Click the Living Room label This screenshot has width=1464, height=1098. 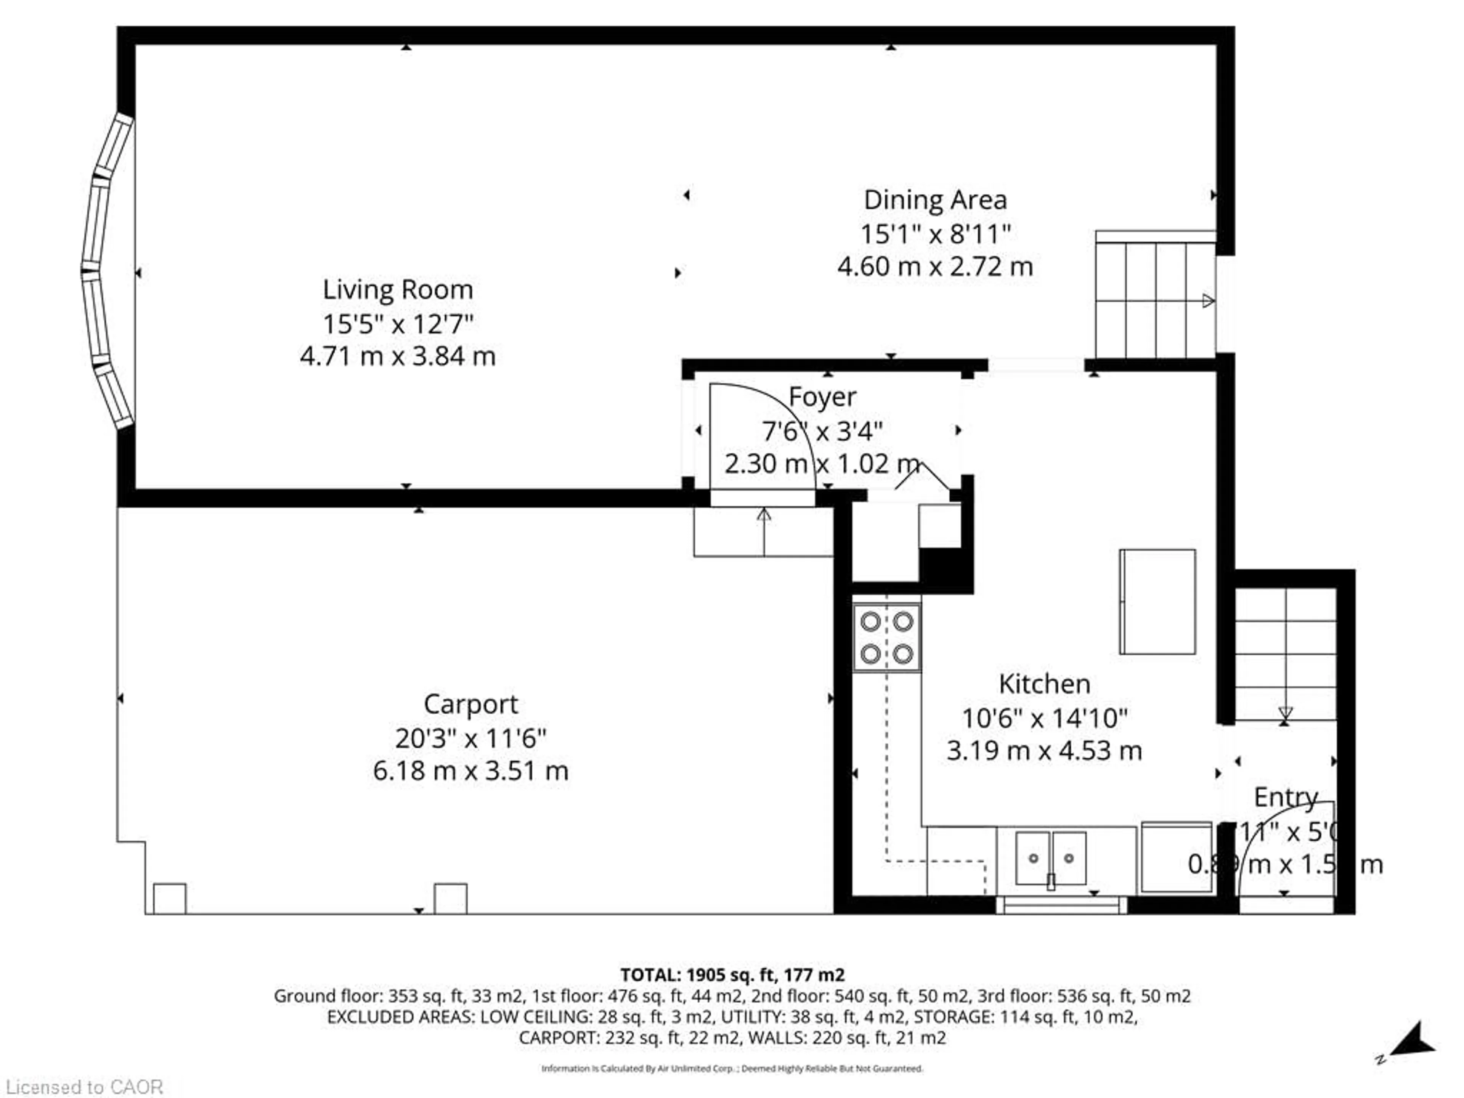(398, 290)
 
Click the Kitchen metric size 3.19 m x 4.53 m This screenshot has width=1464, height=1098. (1044, 751)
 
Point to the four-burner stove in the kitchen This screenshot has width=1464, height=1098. (886, 638)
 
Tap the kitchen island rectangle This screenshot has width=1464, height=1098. (1157, 602)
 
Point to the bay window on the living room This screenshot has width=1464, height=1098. (106, 271)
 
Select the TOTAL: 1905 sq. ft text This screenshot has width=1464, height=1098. (732, 975)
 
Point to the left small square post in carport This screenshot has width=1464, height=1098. (169, 898)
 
